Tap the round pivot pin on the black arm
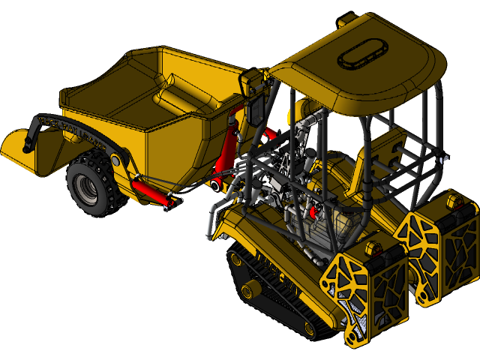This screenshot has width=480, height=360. tap(115, 160)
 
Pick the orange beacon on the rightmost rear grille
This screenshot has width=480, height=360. tap(454, 201)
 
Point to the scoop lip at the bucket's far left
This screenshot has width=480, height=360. tap(19, 146)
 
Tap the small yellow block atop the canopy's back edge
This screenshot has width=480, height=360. tap(348, 20)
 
